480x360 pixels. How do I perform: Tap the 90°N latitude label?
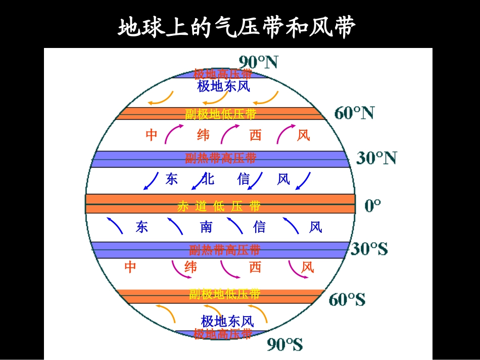pyautogui.click(x=258, y=62)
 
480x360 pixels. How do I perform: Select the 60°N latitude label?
pyautogui.click(x=354, y=113)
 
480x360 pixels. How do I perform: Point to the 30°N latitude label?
pyautogui.click(x=376, y=159)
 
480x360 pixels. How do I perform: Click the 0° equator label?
pyautogui.click(x=372, y=205)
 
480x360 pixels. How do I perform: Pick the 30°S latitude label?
pyautogui.click(x=369, y=249)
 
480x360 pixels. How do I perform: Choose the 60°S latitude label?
pyautogui.click(x=347, y=299)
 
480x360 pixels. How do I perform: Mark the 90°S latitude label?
pyautogui.click(x=285, y=345)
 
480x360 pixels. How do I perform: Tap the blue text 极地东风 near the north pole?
pyautogui.click(x=223, y=86)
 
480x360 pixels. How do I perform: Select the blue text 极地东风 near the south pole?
pyautogui.click(x=227, y=321)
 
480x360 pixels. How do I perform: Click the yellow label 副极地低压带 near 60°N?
pyautogui.click(x=220, y=114)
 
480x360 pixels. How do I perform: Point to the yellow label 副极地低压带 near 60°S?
pyautogui.click(x=224, y=294)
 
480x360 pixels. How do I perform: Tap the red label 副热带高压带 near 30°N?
pyautogui.click(x=221, y=159)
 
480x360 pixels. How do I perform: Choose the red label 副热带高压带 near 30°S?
pyautogui.click(x=224, y=249)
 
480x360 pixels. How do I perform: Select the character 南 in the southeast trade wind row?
pyautogui.click(x=206, y=227)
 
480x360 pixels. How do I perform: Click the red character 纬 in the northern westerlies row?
pyautogui.click(x=203, y=135)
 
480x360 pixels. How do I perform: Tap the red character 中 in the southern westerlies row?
pyautogui.click(x=130, y=267)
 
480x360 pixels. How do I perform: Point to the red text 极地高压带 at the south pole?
pyautogui.click(x=223, y=334)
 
